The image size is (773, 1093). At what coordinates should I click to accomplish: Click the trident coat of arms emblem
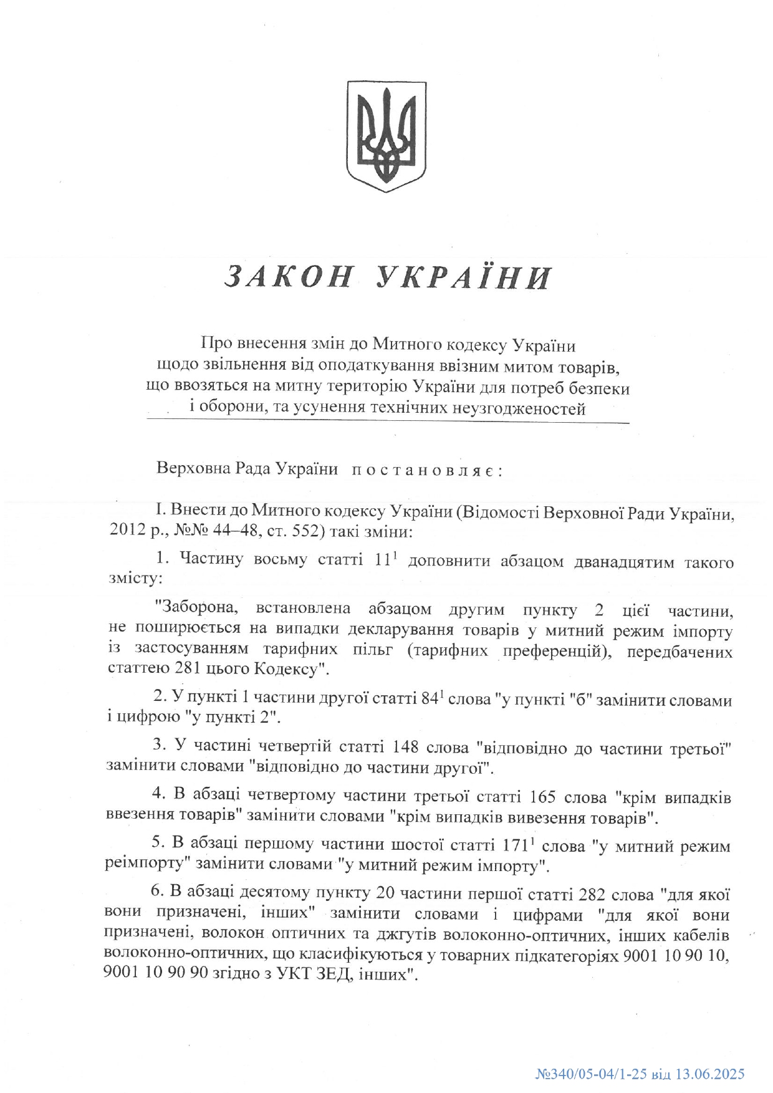point(386,136)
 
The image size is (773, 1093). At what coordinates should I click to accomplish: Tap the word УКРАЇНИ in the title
point(464,277)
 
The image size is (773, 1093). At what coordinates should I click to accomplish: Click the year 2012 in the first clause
point(124,532)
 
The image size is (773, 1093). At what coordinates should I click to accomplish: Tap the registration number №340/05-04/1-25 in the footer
point(588,1074)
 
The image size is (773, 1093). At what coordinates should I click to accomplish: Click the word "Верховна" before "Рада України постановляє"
point(186,469)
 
